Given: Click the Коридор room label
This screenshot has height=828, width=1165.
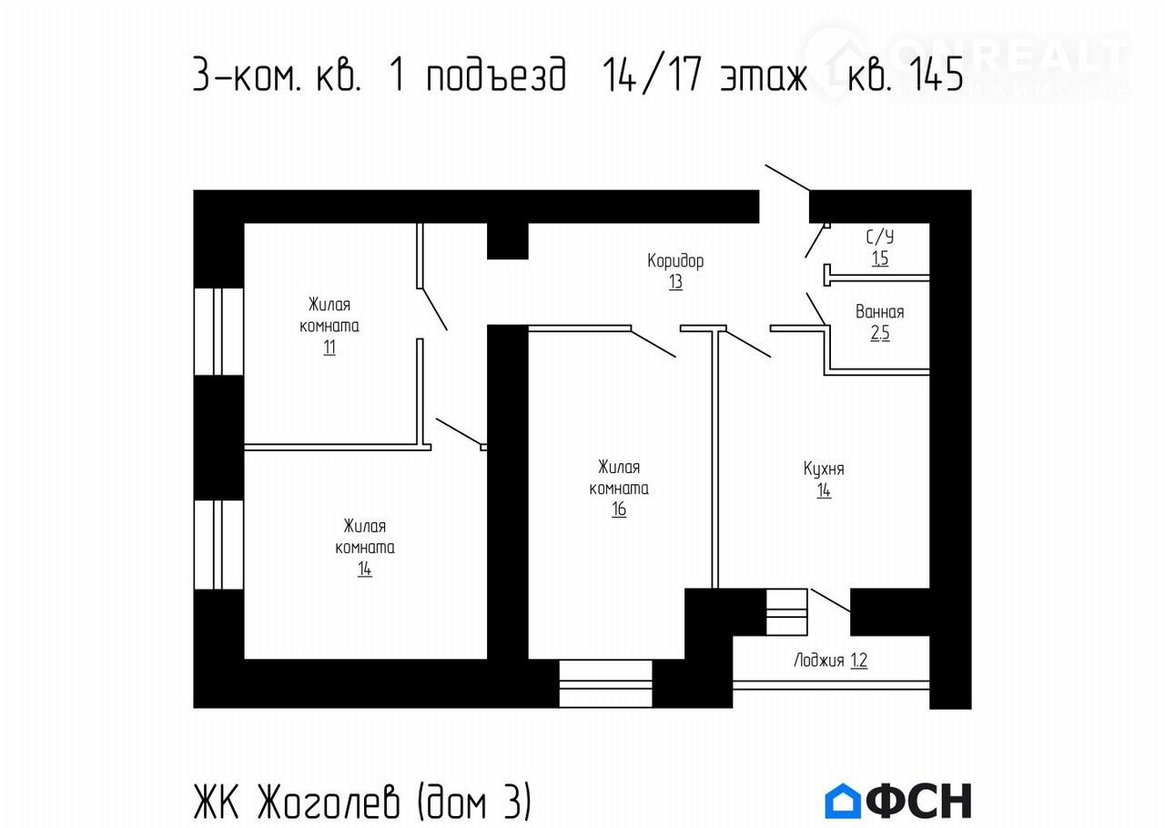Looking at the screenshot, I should tap(675, 261).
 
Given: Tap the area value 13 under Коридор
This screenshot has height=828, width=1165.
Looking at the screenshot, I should tap(675, 282).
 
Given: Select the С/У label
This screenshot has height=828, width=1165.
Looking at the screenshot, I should tap(879, 237).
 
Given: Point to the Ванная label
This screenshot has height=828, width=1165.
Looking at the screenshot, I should tap(879, 312).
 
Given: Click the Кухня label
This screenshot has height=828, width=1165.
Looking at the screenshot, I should tap(824, 470).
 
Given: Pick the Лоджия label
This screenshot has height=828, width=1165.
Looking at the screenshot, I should tap(819, 661).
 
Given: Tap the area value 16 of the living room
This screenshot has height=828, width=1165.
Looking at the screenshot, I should tap(619, 510).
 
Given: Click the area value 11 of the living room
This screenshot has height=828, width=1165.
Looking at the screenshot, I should tap(329, 348).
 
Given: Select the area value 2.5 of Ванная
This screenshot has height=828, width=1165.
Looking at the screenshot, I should tap(879, 333).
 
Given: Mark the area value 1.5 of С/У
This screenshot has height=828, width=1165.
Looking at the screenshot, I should tap(879, 258).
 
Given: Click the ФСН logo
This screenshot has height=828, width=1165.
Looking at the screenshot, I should tap(897, 801).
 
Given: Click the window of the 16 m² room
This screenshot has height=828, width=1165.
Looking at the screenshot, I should tap(605, 683).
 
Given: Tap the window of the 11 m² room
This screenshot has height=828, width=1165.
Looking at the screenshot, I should tap(218, 331).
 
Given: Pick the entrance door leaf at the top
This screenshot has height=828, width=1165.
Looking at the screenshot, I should tap(788, 178).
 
